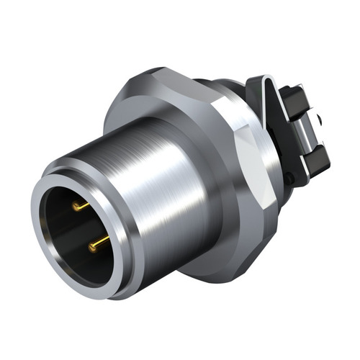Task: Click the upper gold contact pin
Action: [x=81, y=207]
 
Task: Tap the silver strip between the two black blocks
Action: [x=302, y=130]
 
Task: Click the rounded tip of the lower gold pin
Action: [x=92, y=247]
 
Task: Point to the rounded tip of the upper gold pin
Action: [x=75, y=208]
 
